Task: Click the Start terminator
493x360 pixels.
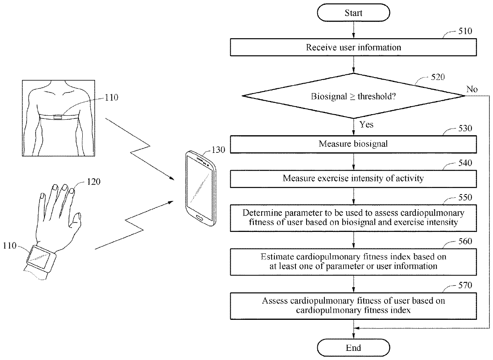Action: coord(353,13)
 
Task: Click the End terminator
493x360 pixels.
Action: coord(353,348)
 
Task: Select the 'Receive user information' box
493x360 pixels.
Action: coord(353,47)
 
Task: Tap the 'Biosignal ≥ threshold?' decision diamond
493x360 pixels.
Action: coord(353,96)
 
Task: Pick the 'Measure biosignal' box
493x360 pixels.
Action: coord(353,144)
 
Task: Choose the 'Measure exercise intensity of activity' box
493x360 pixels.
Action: coord(353,178)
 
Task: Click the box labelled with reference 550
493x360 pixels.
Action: coord(353,218)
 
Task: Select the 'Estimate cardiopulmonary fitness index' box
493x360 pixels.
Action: coord(353,261)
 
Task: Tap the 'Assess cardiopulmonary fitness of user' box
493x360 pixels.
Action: coord(353,306)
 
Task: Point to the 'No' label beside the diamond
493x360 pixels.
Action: coord(472,89)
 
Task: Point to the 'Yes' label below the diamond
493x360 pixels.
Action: coord(366,125)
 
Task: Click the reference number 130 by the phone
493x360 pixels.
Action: coord(219,150)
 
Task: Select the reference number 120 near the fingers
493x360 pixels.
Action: coord(94,182)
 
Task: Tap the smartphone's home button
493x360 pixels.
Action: coord(200,218)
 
